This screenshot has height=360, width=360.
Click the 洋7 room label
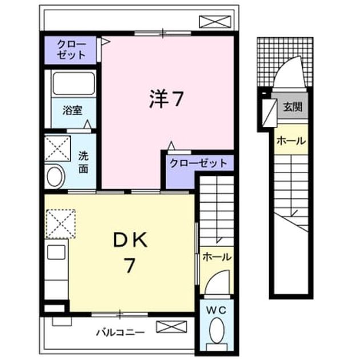pyautogui.click(x=166, y=99)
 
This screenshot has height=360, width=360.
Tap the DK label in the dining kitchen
pyautogui.click(x=130, y=240)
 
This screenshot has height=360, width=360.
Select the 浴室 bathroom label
pyautogui.click(x=73, y=110)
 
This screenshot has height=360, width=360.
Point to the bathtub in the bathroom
pyautogui.click(x=74, y=83)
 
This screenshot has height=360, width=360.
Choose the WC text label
pyautogui.click(x=216, y=310)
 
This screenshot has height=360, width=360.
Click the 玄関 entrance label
pyautogui.click(x=292, y=107)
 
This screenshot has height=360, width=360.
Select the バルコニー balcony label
pyautogui.click(x=121, y=333)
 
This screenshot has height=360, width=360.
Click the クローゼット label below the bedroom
pyautogui.click(x=199, y=163)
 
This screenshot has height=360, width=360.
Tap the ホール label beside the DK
pyautogui.click(x=217, y=257)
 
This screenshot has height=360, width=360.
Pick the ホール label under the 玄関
pyautogui.click(x=291, y=141)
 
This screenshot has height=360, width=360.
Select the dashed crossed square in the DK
pyautogui.click(x=61, y=223)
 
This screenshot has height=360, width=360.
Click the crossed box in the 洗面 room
pyautogui.click(x=57, y=149)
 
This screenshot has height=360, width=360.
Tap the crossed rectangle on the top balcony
pyautogui.click(x=215, y=22)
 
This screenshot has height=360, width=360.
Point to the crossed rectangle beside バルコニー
pyautogui.click(x=171, y=327)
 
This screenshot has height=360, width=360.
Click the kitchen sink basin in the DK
pyautogui.click(x=56, y=252)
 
